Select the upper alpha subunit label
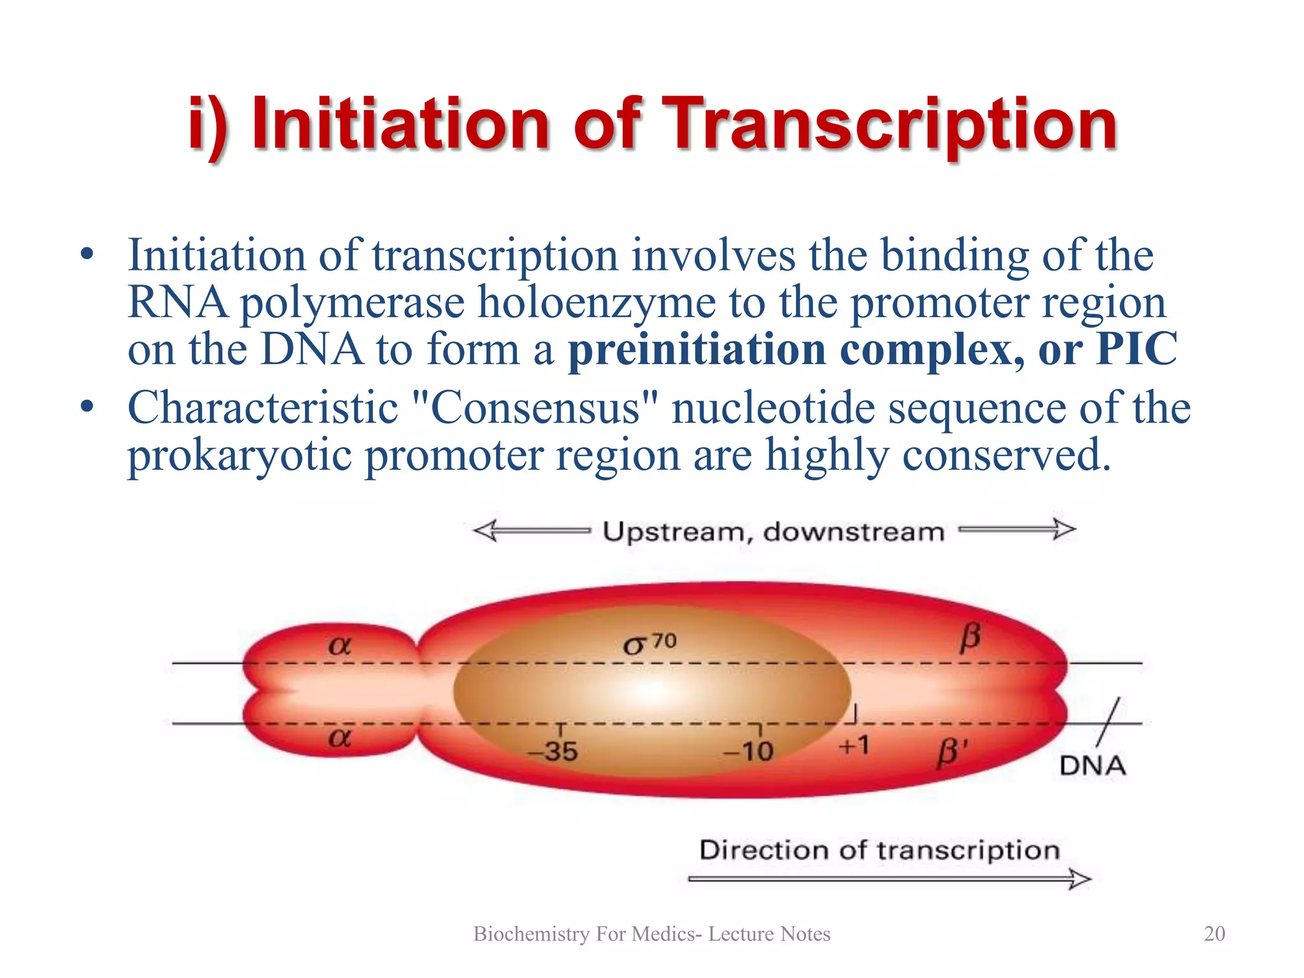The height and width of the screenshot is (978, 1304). (339, 646)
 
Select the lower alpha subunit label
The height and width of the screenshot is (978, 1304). (339, 738)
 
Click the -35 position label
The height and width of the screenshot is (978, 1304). (553, 751)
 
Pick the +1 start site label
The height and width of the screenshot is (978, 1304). (854, 745)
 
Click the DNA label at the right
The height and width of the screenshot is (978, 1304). (1093, 765)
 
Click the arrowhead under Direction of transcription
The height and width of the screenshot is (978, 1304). (1080, 879)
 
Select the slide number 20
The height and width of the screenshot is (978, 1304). (1214, 933)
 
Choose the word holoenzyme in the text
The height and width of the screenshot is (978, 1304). (597, 302)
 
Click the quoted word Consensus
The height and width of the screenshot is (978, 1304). (535, 407)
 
